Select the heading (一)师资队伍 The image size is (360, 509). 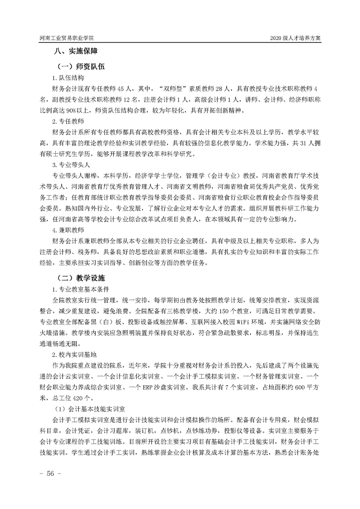click(79, 67)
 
